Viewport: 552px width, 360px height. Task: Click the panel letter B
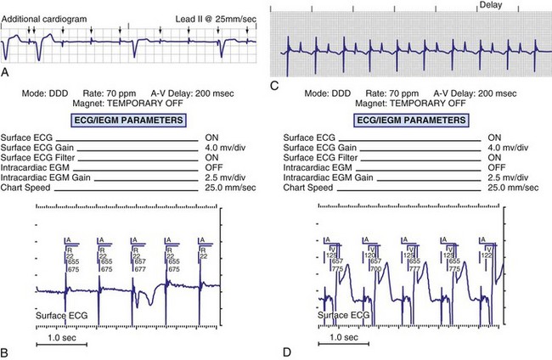coord(7,350)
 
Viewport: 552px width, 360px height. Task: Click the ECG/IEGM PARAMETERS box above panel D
coord(403,121)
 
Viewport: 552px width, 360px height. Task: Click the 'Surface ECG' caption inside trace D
coord(344,316)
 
